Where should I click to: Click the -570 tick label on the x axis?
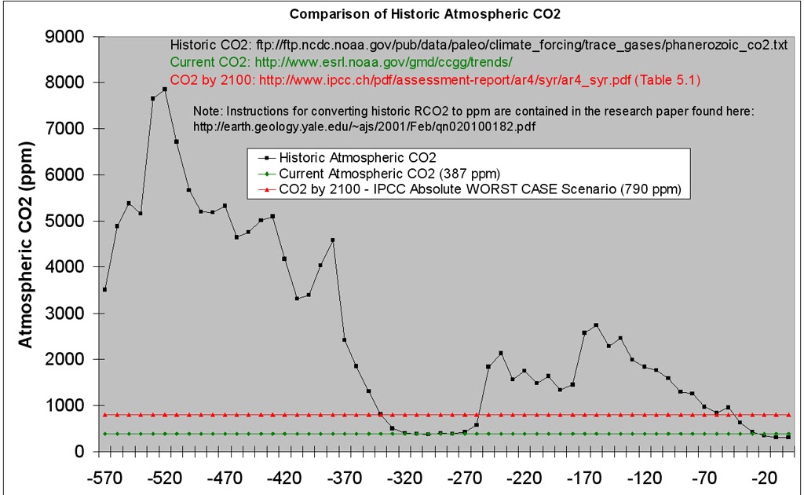[104, 477]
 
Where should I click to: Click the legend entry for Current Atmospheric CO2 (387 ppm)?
[389, 173]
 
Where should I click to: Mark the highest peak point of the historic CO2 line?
[165, 90]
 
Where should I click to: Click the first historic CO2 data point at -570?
[104, 290]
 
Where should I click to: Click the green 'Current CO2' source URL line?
[346, 61]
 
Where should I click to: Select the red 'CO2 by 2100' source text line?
[435, 79]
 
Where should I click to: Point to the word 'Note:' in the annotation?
[209, 112]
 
